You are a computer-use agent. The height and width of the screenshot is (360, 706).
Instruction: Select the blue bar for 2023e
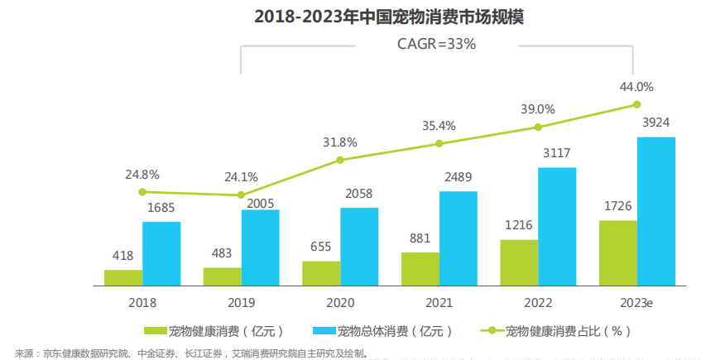tap(656, 211)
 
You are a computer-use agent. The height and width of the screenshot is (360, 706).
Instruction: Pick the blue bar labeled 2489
tap(458, 238)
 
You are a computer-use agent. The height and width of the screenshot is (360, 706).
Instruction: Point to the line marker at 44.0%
tap(636, 104)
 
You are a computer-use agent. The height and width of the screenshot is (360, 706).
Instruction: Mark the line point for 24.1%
tap(241, 195)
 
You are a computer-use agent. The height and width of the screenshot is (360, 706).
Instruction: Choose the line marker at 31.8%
tap(340, 160)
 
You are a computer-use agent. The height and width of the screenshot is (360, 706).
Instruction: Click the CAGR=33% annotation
tap(437, 45)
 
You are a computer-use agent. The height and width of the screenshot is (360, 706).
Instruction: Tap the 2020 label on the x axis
tap(340, 304)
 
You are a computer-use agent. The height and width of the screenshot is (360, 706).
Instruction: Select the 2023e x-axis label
tap(636, 304)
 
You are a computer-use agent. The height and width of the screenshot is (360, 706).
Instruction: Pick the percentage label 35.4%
tap(439, 126)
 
